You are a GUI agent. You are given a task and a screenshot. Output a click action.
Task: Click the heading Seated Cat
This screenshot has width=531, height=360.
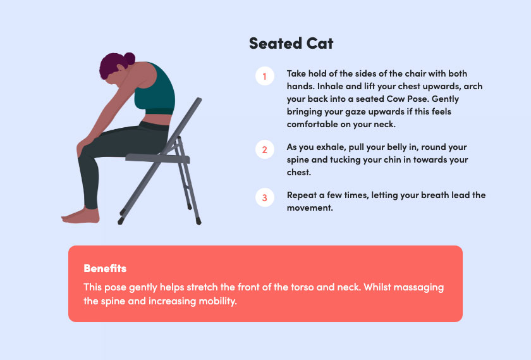(291, 44)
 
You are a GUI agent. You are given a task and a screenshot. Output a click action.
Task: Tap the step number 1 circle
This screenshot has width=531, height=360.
(264, 76)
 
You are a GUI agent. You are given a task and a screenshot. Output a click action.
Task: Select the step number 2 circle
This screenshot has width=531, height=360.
(264, 149)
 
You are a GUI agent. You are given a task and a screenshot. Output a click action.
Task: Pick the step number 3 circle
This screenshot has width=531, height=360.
(264, 197)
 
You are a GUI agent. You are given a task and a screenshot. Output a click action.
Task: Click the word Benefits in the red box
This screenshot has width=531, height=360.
(105, 268)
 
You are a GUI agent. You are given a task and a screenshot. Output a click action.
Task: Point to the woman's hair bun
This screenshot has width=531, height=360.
(130, 58)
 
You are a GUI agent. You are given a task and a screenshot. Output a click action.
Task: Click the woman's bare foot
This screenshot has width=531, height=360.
(81, 216)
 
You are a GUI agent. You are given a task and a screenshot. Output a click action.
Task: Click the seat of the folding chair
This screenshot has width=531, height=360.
(157, 158)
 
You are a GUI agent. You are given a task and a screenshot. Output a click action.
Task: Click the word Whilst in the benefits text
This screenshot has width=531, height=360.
(377, 287)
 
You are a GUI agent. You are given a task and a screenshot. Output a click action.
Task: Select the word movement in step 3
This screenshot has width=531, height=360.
(310, 208)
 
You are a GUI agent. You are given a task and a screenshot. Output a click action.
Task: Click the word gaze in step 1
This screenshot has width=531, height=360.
(354, 112)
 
